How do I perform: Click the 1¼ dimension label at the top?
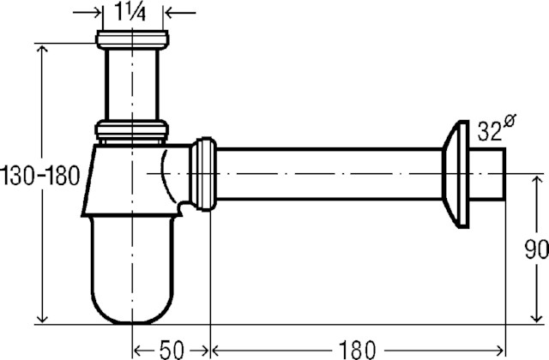pyautogui.click(x=130, y=14)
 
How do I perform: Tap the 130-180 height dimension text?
pyautogui.click(x=40, y=176)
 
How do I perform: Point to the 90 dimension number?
pyautogui.click(x=536, y=249)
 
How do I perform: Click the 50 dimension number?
pyautogui.click(x=172, y=350)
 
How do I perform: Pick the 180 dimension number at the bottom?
pyautogui.click(x=357, y=350)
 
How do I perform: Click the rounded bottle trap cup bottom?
pyautogui.click(x=132, y=269)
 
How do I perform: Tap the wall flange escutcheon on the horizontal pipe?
pyautogui.click(x=455, y=174)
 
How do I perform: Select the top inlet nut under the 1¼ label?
pyautogui.click(x=132, y=39)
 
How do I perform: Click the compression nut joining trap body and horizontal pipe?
pyautogui.click(x=203, y=174)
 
